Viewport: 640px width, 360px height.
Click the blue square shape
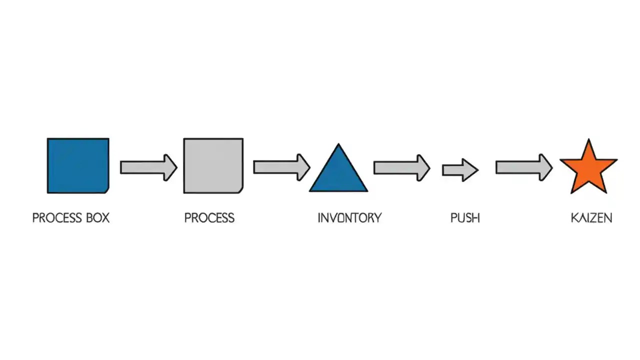78,165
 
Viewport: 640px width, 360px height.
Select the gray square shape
213,165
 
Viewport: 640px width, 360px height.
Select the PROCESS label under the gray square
209,218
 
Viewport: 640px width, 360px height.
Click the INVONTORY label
349,218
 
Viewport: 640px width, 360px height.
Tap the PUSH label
465,218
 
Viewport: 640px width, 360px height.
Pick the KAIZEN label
591,218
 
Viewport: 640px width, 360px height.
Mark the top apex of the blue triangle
338,145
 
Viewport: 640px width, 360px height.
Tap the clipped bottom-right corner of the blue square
106,190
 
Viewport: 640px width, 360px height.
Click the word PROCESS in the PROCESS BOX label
56,218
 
